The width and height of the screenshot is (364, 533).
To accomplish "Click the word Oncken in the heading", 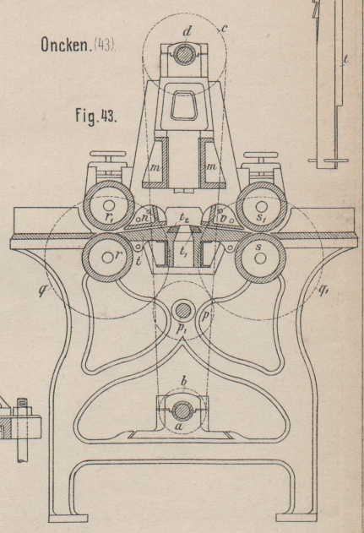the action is tap(65, 44).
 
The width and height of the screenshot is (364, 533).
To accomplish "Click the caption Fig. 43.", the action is tap(96, 117).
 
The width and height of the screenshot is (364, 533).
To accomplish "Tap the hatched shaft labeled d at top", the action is tap(184, 55).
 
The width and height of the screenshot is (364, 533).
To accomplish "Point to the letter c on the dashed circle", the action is tap(223, 30).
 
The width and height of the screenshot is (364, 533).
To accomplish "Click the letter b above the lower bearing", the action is tap(184, 382).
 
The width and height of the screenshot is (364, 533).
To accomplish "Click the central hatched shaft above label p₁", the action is tap(184, 310).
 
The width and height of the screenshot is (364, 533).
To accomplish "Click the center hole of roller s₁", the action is tap(261, 206).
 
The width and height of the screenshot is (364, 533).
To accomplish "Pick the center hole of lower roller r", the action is tap(106, 258).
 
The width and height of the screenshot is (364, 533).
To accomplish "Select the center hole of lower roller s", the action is tap(261, 258).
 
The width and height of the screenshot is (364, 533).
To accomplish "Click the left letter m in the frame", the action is tap(155, 166).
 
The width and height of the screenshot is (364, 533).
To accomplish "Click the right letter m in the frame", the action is tap(212, 166).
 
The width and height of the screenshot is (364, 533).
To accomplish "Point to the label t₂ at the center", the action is tap(184, 217).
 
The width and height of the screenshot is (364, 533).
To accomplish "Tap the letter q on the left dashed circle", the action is tap(43, 290).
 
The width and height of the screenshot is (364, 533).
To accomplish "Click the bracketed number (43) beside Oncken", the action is tap(105, 44).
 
